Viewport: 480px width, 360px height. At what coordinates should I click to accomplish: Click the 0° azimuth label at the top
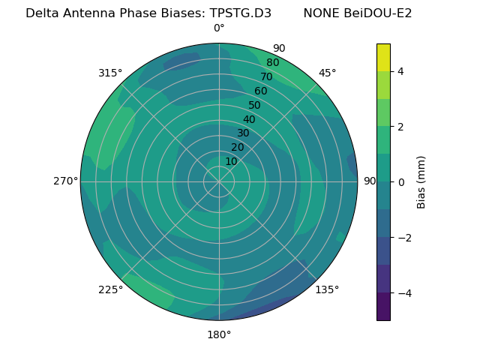pos(219,28)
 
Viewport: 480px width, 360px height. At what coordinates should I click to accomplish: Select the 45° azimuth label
pos(327,73)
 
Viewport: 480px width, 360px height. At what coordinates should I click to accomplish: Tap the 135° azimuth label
pos(327,289)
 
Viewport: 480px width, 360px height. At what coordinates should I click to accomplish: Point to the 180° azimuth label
pos(219,334)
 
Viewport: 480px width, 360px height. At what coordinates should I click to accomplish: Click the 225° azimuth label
pos(110,289)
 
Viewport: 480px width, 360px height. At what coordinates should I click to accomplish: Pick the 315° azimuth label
pos(110,73)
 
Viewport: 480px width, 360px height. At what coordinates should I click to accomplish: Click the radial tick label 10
pos(231,161)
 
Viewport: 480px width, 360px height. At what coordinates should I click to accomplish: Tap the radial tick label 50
pos(255,105)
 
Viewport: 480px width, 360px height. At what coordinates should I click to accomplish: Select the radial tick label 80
pos(273,62)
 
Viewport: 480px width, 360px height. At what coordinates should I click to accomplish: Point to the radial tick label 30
pos(243,133)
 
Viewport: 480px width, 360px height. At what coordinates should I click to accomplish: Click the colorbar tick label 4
pos(400,71)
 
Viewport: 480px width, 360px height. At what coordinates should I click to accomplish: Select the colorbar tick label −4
pos(403,293)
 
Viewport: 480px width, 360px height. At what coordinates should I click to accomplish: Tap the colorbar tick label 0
pos(400,182)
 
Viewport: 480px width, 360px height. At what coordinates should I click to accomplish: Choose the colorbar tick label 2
pos(400,127)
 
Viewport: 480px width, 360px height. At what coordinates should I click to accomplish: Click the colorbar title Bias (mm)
pos(421,181)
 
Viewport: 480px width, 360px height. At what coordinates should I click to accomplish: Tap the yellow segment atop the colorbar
pos(383,57)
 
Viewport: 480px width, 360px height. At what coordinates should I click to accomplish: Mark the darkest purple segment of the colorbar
pos(383,307)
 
